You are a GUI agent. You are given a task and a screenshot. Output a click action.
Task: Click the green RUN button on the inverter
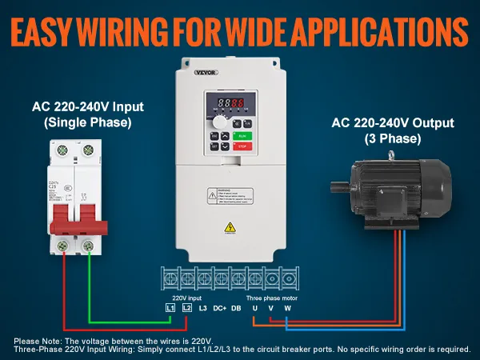(x=243, y=136)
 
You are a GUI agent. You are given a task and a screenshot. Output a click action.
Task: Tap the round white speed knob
(x=218, y=123)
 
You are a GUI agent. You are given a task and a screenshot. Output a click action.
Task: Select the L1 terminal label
(x=170, y=307)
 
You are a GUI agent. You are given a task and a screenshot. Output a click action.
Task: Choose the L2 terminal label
(x=186, y=307)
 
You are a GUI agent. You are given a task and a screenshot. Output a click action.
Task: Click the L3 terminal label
(x=202, y=307)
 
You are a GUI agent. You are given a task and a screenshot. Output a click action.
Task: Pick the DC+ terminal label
(x=219, y=307)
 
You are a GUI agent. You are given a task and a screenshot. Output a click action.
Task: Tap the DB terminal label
(x=236, y=307)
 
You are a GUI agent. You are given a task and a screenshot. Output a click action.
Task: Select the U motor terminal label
(x=254, y=307)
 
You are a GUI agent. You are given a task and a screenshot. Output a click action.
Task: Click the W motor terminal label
(x=288, y=307)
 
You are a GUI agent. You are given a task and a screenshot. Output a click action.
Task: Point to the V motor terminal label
(x=271, y=307)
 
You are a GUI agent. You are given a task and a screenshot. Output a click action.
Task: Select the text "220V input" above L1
(x=182, y=296)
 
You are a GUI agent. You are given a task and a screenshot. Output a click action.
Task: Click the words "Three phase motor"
(x=270, y=296)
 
